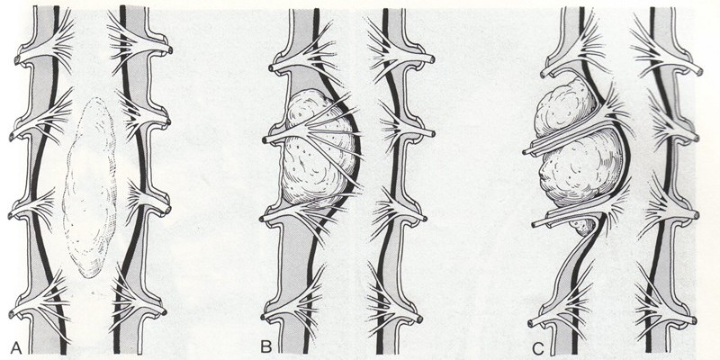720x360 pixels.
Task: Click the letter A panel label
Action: [15, 347]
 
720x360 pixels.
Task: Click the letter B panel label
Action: [265, 346]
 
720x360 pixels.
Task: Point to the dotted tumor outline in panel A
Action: [90, 187]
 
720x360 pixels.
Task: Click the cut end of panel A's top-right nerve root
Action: [170, 50]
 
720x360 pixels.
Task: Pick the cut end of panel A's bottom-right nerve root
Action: [164, 312]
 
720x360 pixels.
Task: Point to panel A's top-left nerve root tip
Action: [17, 60]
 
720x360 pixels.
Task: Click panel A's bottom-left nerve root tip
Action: [11, 314]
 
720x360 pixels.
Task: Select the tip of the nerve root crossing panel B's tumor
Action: [265, 139]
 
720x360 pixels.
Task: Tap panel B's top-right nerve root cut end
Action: [432, 58]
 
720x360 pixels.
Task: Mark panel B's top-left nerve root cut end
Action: [271, 68]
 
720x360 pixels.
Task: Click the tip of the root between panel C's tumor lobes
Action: [526, 150]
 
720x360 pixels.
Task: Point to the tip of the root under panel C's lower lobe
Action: [535, 224]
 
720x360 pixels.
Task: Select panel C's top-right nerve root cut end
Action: [699, 72]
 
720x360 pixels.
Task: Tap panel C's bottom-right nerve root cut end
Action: [693, 319]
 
